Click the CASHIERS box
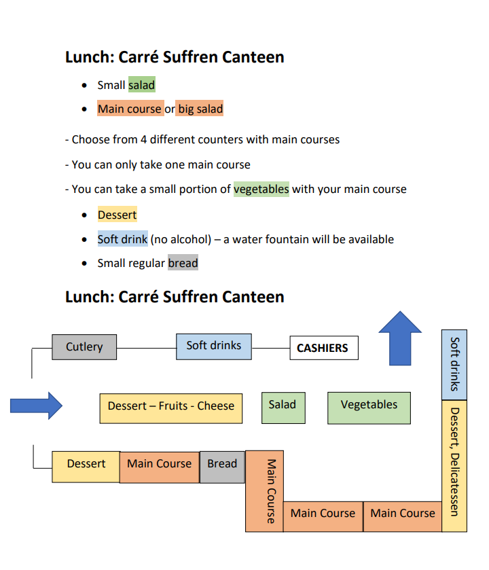(x=323, y=348)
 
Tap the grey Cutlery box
(x=84, y=346)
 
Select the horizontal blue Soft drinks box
(x=213, y=346)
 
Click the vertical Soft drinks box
(x=454, y=365)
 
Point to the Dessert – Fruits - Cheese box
(x=170, y=406)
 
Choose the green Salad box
(x=283, y=405)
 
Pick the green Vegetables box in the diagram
(x=369, y=405)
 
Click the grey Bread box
(x=222, y=465)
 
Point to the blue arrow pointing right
(x=36, y=406)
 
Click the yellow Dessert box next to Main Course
(x=86, y=465)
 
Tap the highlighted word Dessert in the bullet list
(x=117, y=215)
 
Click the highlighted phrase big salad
(x=200, y=109)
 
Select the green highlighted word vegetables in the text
(x=261, y=189)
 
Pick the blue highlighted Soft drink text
(x=122, y=239)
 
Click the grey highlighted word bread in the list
(x=183, y=263)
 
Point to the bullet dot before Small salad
(x=84, y=86)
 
